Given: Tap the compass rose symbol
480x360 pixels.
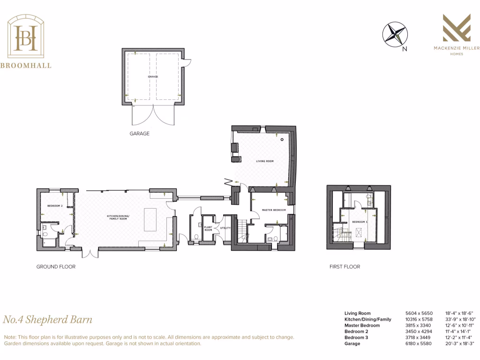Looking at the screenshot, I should (395, 35).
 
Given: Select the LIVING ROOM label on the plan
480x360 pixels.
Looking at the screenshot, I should (264, 161).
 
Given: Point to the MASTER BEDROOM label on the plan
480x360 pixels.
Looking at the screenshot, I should (274, 210).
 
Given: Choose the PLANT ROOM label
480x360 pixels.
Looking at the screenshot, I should (208, 229).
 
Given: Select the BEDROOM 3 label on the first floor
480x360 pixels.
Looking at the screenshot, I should (360, 221).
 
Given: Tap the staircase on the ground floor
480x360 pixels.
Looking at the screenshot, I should (241, 232).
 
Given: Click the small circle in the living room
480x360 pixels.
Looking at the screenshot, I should (282, 140).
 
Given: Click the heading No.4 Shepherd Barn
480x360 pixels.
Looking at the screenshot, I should (48, 320).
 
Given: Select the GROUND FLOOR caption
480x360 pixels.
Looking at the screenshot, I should (56, 267).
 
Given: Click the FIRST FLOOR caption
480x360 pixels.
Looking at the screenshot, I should (345, 267).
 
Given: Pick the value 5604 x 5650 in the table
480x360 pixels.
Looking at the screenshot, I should (419, 313).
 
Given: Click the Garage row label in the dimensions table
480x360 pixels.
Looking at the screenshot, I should (352, 344).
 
